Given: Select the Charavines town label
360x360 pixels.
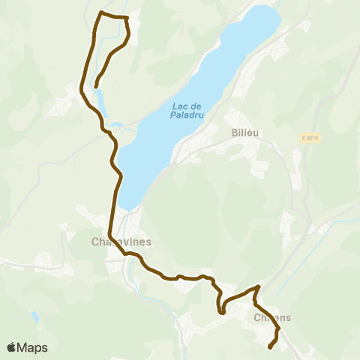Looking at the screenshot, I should (x=121, y=242).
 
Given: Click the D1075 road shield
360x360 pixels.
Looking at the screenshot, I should (x=310, y=138).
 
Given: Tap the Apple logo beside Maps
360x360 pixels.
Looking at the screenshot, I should (x=12, y=347).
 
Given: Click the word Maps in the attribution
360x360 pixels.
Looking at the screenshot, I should (x=34, y=347).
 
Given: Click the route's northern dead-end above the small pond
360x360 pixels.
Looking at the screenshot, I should (x=97, y=85).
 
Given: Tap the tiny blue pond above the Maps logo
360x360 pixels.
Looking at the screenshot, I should (x=34, y=318).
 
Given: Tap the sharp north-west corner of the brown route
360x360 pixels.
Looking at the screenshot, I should (x=101, y=12).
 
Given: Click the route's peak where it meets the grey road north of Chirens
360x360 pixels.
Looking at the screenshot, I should (x=259, y=286).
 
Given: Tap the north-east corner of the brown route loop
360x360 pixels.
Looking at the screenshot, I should (x=127, y=17).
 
